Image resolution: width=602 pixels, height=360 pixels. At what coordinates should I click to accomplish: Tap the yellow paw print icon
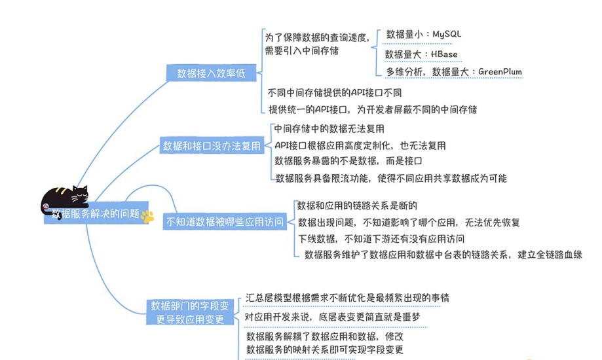(x=148, y=217)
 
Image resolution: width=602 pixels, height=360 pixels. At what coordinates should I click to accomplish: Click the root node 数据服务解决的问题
(x=95, y=213)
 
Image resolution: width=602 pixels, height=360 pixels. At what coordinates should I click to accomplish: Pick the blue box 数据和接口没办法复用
(x=212, y=146)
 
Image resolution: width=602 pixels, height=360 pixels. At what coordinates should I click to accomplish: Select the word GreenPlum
(x=500, y=71)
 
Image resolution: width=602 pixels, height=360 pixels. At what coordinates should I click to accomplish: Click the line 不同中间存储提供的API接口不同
(x=335, y=92)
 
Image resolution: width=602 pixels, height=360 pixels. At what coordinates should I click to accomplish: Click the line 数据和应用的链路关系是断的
(x=357, y=206)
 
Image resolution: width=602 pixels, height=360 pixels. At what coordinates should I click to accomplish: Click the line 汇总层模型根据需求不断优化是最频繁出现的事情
(x=347, y=297)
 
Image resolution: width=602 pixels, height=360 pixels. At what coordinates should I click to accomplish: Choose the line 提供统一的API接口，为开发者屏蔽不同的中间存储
(x=372, y=109)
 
